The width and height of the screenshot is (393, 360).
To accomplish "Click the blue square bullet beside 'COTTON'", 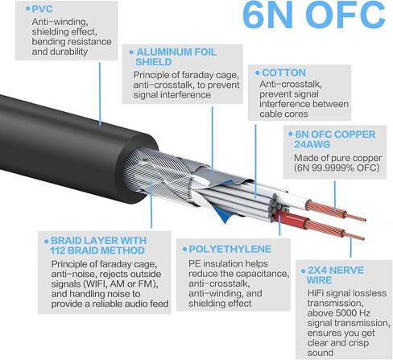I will (255, 72).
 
